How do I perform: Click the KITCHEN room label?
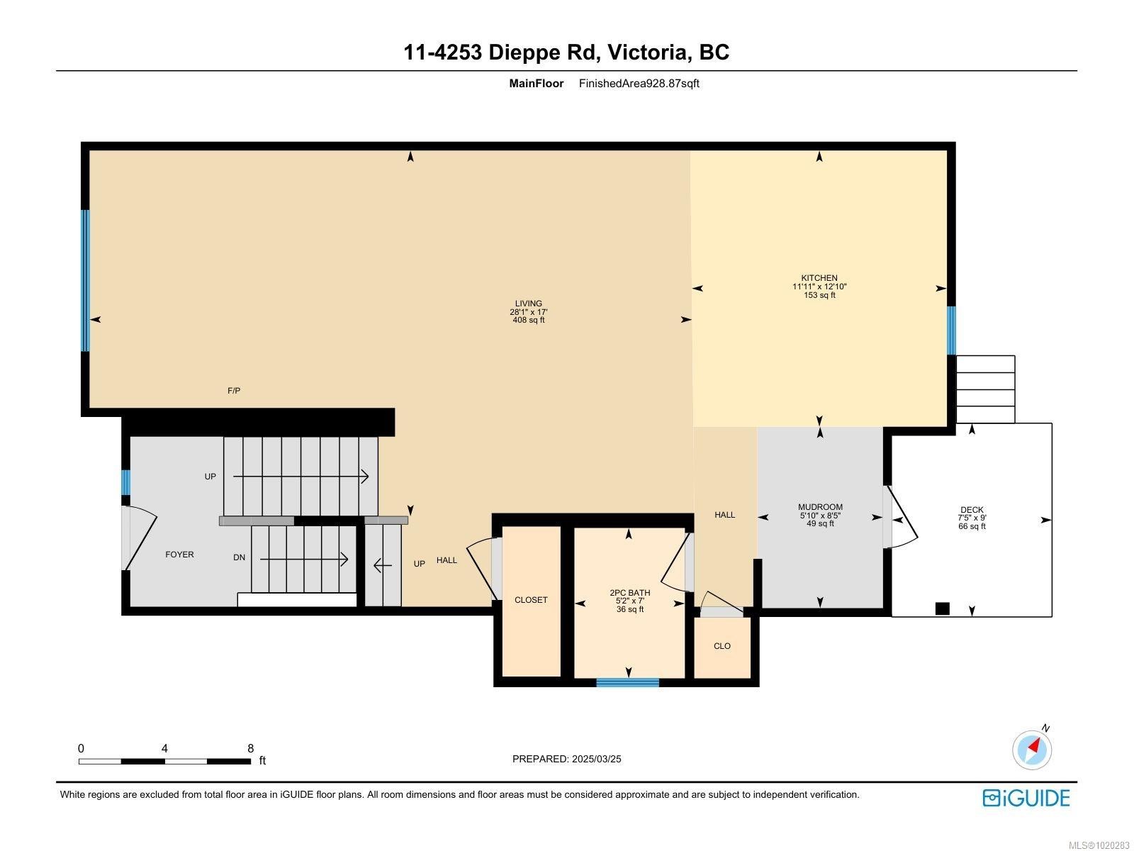pos(819,278)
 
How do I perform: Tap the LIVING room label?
pos(528,304)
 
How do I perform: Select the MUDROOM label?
pos(820,507)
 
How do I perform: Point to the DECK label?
pos(972,510)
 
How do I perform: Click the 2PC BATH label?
pos(629,593)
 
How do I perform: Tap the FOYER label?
pos(179,555)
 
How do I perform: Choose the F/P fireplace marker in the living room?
pos(234,391)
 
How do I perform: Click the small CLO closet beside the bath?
pos(722,646)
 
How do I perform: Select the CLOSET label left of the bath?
pos(531,600)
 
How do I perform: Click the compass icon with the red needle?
pos(1032,750)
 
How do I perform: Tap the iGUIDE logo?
pos(1026,798)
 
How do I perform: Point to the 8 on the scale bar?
pos(250,748)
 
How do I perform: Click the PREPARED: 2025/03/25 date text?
pos(566,759)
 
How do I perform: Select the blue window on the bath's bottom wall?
pos(627,683)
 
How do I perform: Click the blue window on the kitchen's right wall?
pos(951,330)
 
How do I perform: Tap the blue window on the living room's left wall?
pos(85,280)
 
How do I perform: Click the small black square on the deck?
pos(942,608)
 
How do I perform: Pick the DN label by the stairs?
pos(240,557)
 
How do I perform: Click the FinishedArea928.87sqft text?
pos(639,83)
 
